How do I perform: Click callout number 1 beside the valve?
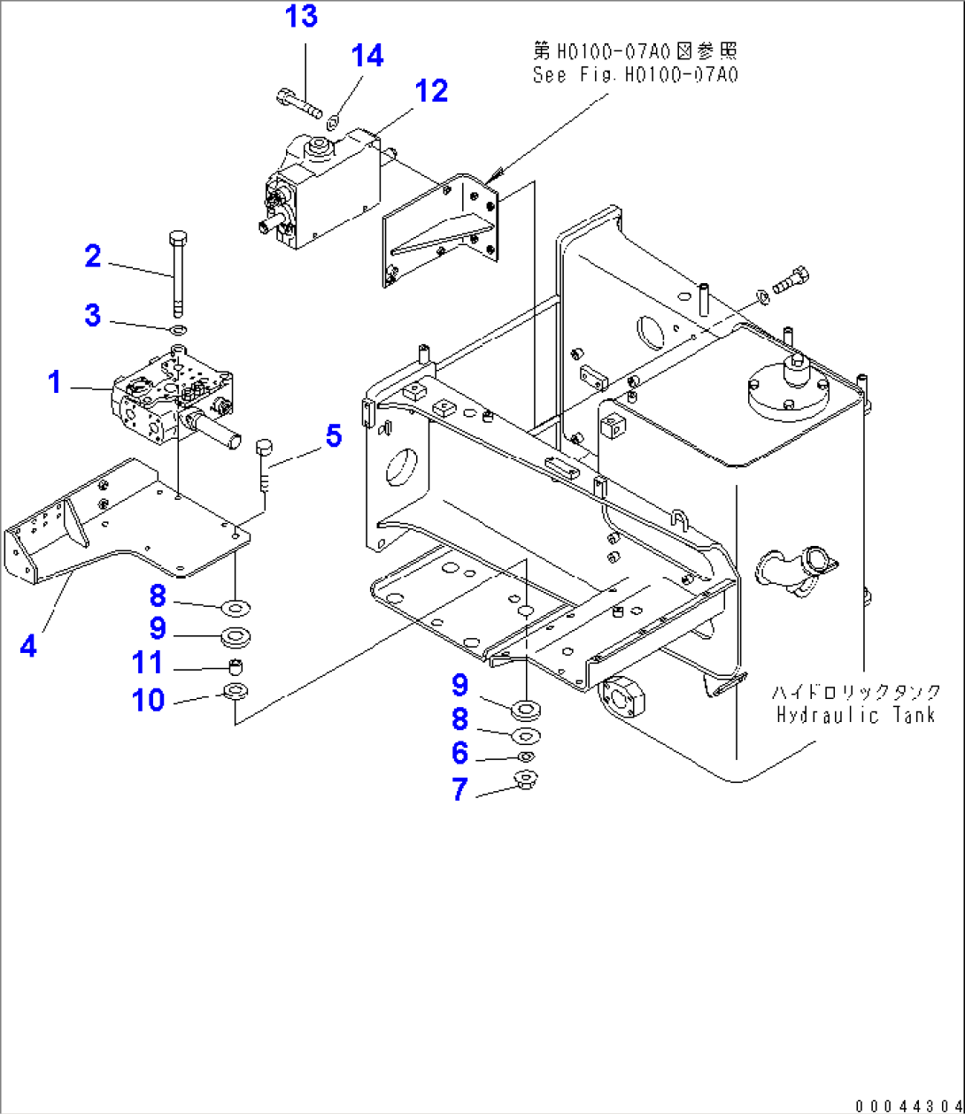55,382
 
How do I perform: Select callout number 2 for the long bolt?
93,257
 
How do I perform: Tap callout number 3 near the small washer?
93,315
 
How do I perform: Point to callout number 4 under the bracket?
29,645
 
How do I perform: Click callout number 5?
333,435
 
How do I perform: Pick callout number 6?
459,753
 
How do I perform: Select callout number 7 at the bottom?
459,788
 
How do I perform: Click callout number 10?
149,700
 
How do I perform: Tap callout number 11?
149,662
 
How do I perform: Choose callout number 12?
432,90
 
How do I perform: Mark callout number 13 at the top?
301,16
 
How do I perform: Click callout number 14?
367,56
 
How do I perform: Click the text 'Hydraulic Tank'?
855,715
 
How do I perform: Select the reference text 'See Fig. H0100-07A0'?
635,75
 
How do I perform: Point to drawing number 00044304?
907,1104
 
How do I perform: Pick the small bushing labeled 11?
235,665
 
